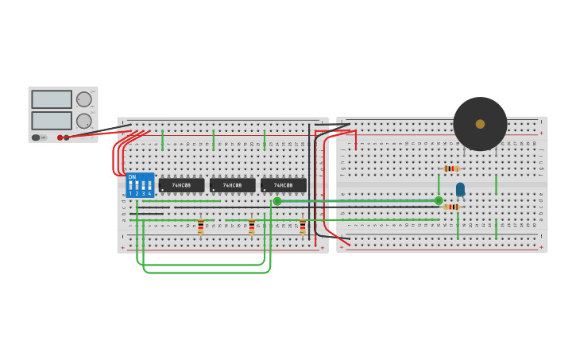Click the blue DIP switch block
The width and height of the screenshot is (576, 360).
[140, 185]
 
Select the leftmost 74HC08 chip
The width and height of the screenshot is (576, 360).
[181, 185]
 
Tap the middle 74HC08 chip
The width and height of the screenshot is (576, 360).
[232, 185]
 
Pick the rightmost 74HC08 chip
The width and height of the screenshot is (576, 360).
[283, 185]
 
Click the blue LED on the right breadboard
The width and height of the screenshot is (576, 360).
[460, 189]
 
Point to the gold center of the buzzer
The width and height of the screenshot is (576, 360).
[480, 124]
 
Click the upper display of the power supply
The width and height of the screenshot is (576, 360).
[52, 99]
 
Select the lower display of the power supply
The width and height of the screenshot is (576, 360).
[52, 121]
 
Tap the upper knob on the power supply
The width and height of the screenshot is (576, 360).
[83, 99]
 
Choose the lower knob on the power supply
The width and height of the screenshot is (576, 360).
[83, 121]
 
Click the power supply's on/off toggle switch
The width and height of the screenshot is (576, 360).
[37, 137]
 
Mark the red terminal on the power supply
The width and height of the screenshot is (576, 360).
[60, 137]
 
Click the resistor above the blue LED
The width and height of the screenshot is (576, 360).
[451, 168]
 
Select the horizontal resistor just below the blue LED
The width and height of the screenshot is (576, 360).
[451, 207]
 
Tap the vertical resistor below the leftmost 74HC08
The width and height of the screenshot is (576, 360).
[200, 226]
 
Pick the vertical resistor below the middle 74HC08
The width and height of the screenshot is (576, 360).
[252, 226]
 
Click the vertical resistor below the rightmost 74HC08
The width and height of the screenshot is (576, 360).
[303, 226]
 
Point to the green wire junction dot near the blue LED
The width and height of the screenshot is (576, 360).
[439, 200]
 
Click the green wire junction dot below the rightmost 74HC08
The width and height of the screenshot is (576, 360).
[277, 201]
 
